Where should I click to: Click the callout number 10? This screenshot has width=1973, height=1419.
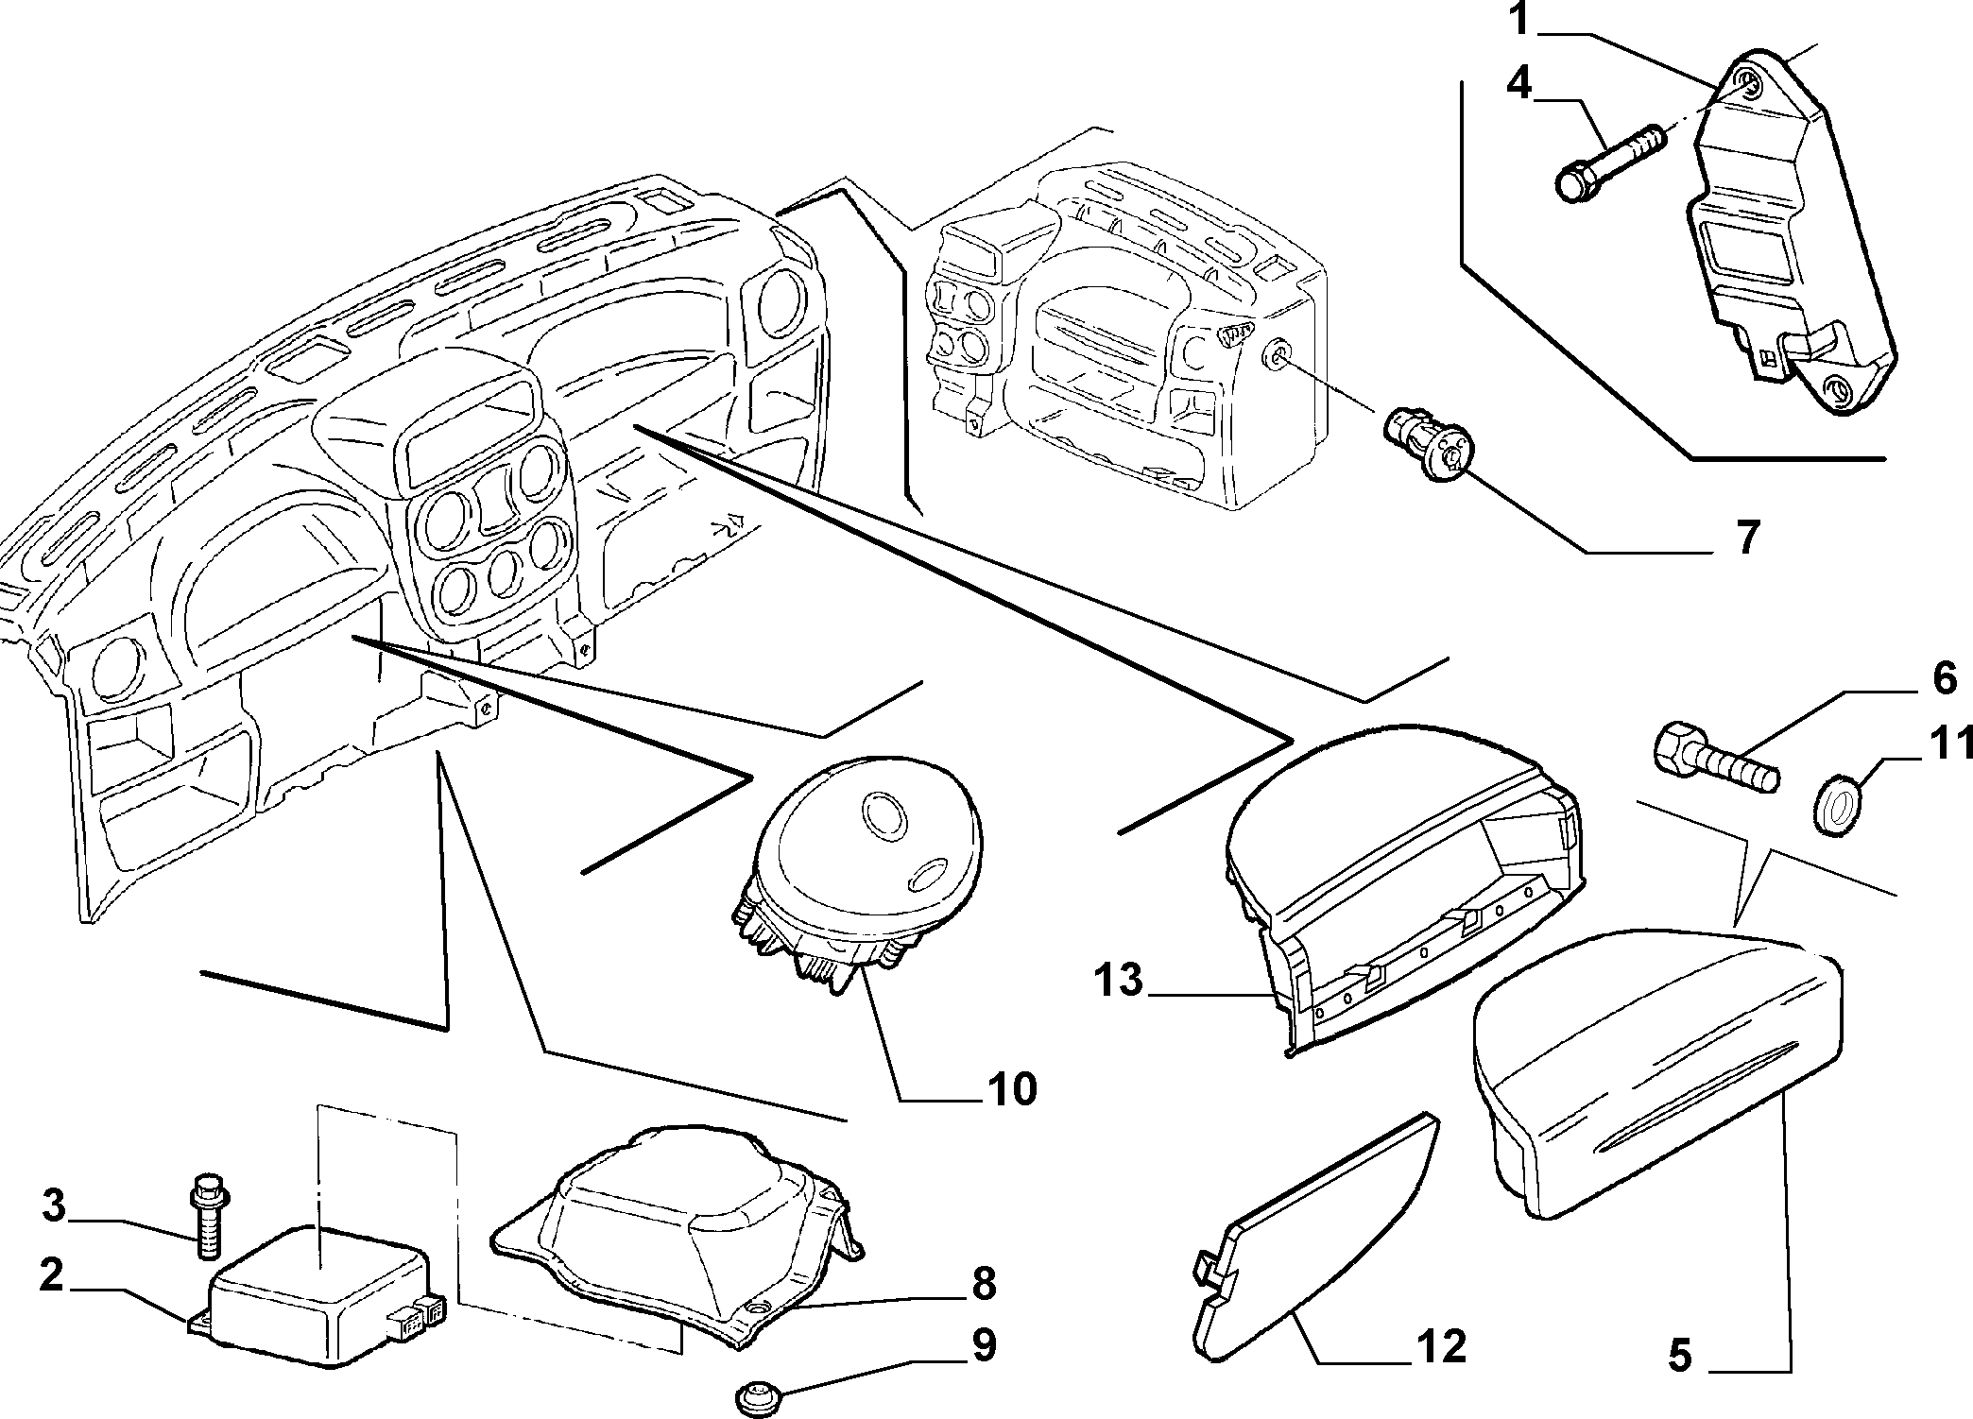[x=1012, y=1088]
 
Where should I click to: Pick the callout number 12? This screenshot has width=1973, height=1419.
[x=1441, y=1346]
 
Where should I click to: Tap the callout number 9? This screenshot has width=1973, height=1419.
[x=984, y=1344]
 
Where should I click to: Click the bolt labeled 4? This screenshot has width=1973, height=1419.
[x=1611, y=166]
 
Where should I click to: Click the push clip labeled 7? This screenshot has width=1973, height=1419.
[x=1427, y=441]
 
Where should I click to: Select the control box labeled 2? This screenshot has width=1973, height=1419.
[x=317, y=1293]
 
